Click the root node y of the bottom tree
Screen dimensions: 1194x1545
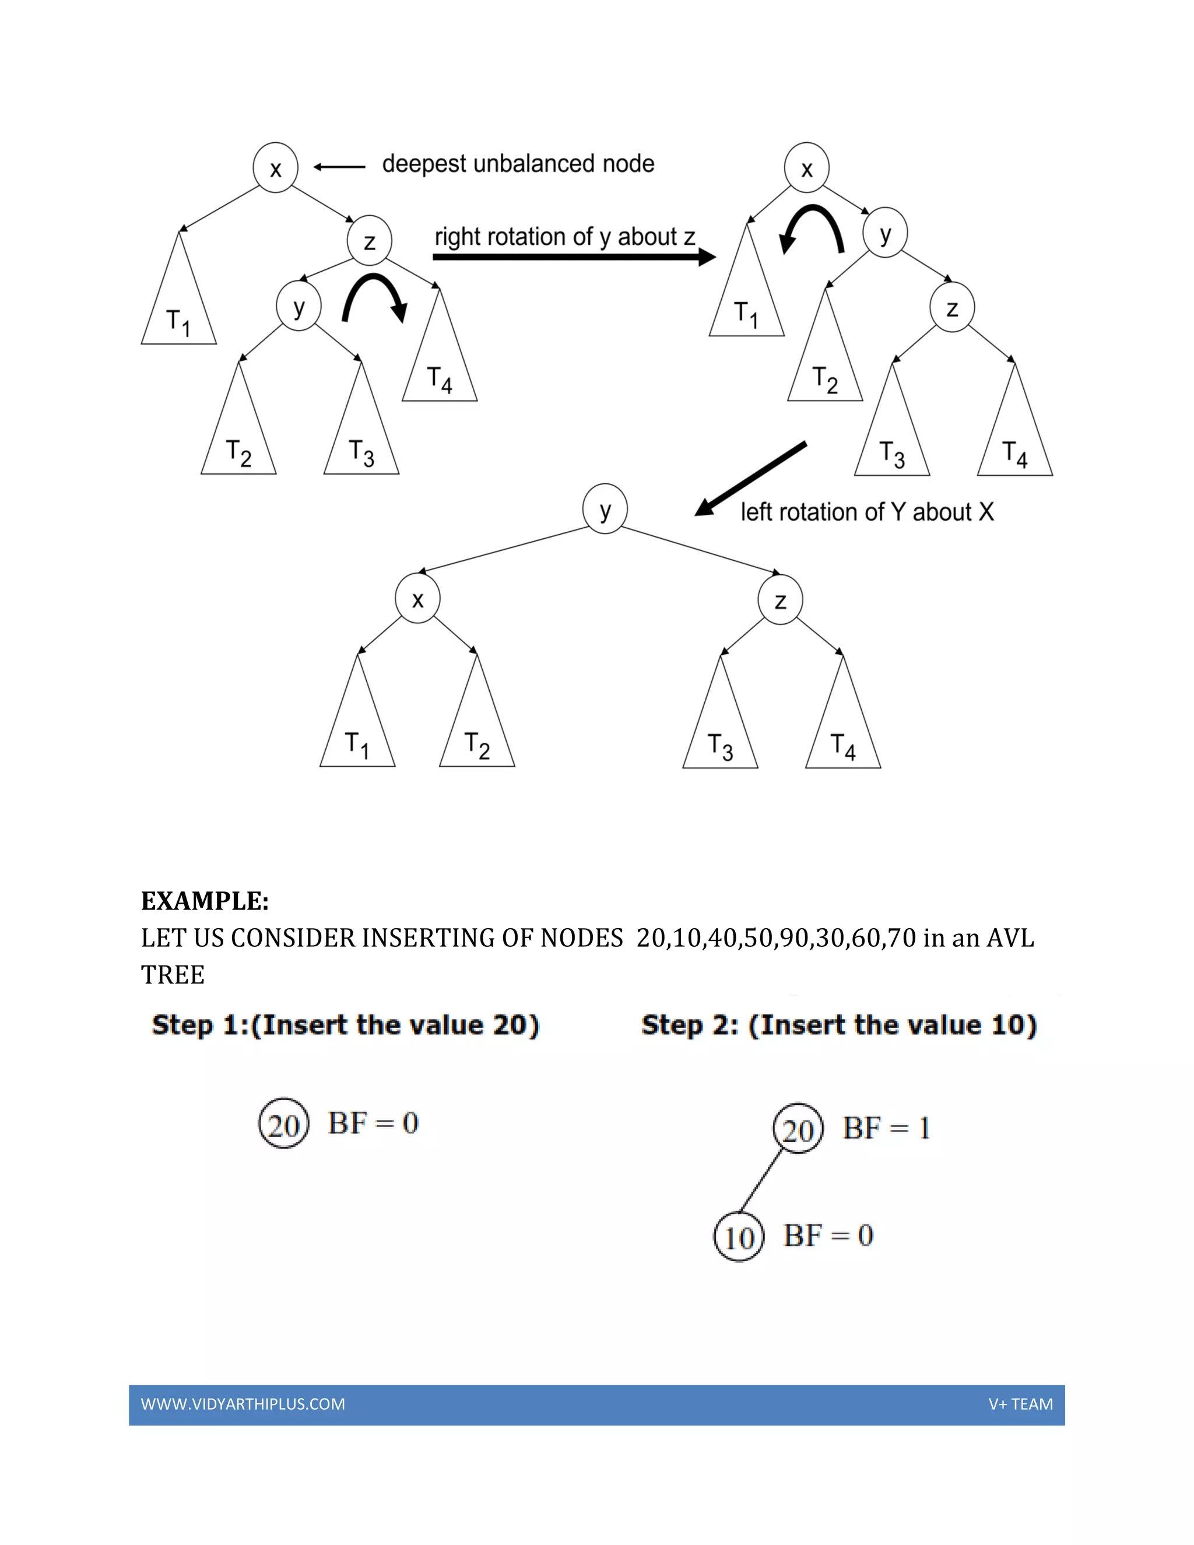(x=605, y=508)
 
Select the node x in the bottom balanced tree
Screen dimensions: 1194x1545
(x=417, y=599)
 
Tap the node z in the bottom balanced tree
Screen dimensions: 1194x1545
(x=780, y=600)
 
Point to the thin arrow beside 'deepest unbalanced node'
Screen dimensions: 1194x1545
(x=339, y=167)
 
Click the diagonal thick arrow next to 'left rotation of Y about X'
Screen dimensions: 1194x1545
(x=750, y=479)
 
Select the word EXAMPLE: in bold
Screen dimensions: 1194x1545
(x=205, y=901)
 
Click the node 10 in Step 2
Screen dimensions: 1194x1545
(x=739, y=1237)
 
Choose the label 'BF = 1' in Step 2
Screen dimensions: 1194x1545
(x=886, y=1128)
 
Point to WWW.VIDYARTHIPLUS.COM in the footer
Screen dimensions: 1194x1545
(x=243, y=1404)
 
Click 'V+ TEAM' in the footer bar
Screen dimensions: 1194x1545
(x=1020, y=1404)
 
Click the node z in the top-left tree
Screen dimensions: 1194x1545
(x=369, y=241)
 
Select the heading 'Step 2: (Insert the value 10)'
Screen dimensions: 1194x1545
(x=839, y=1024)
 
